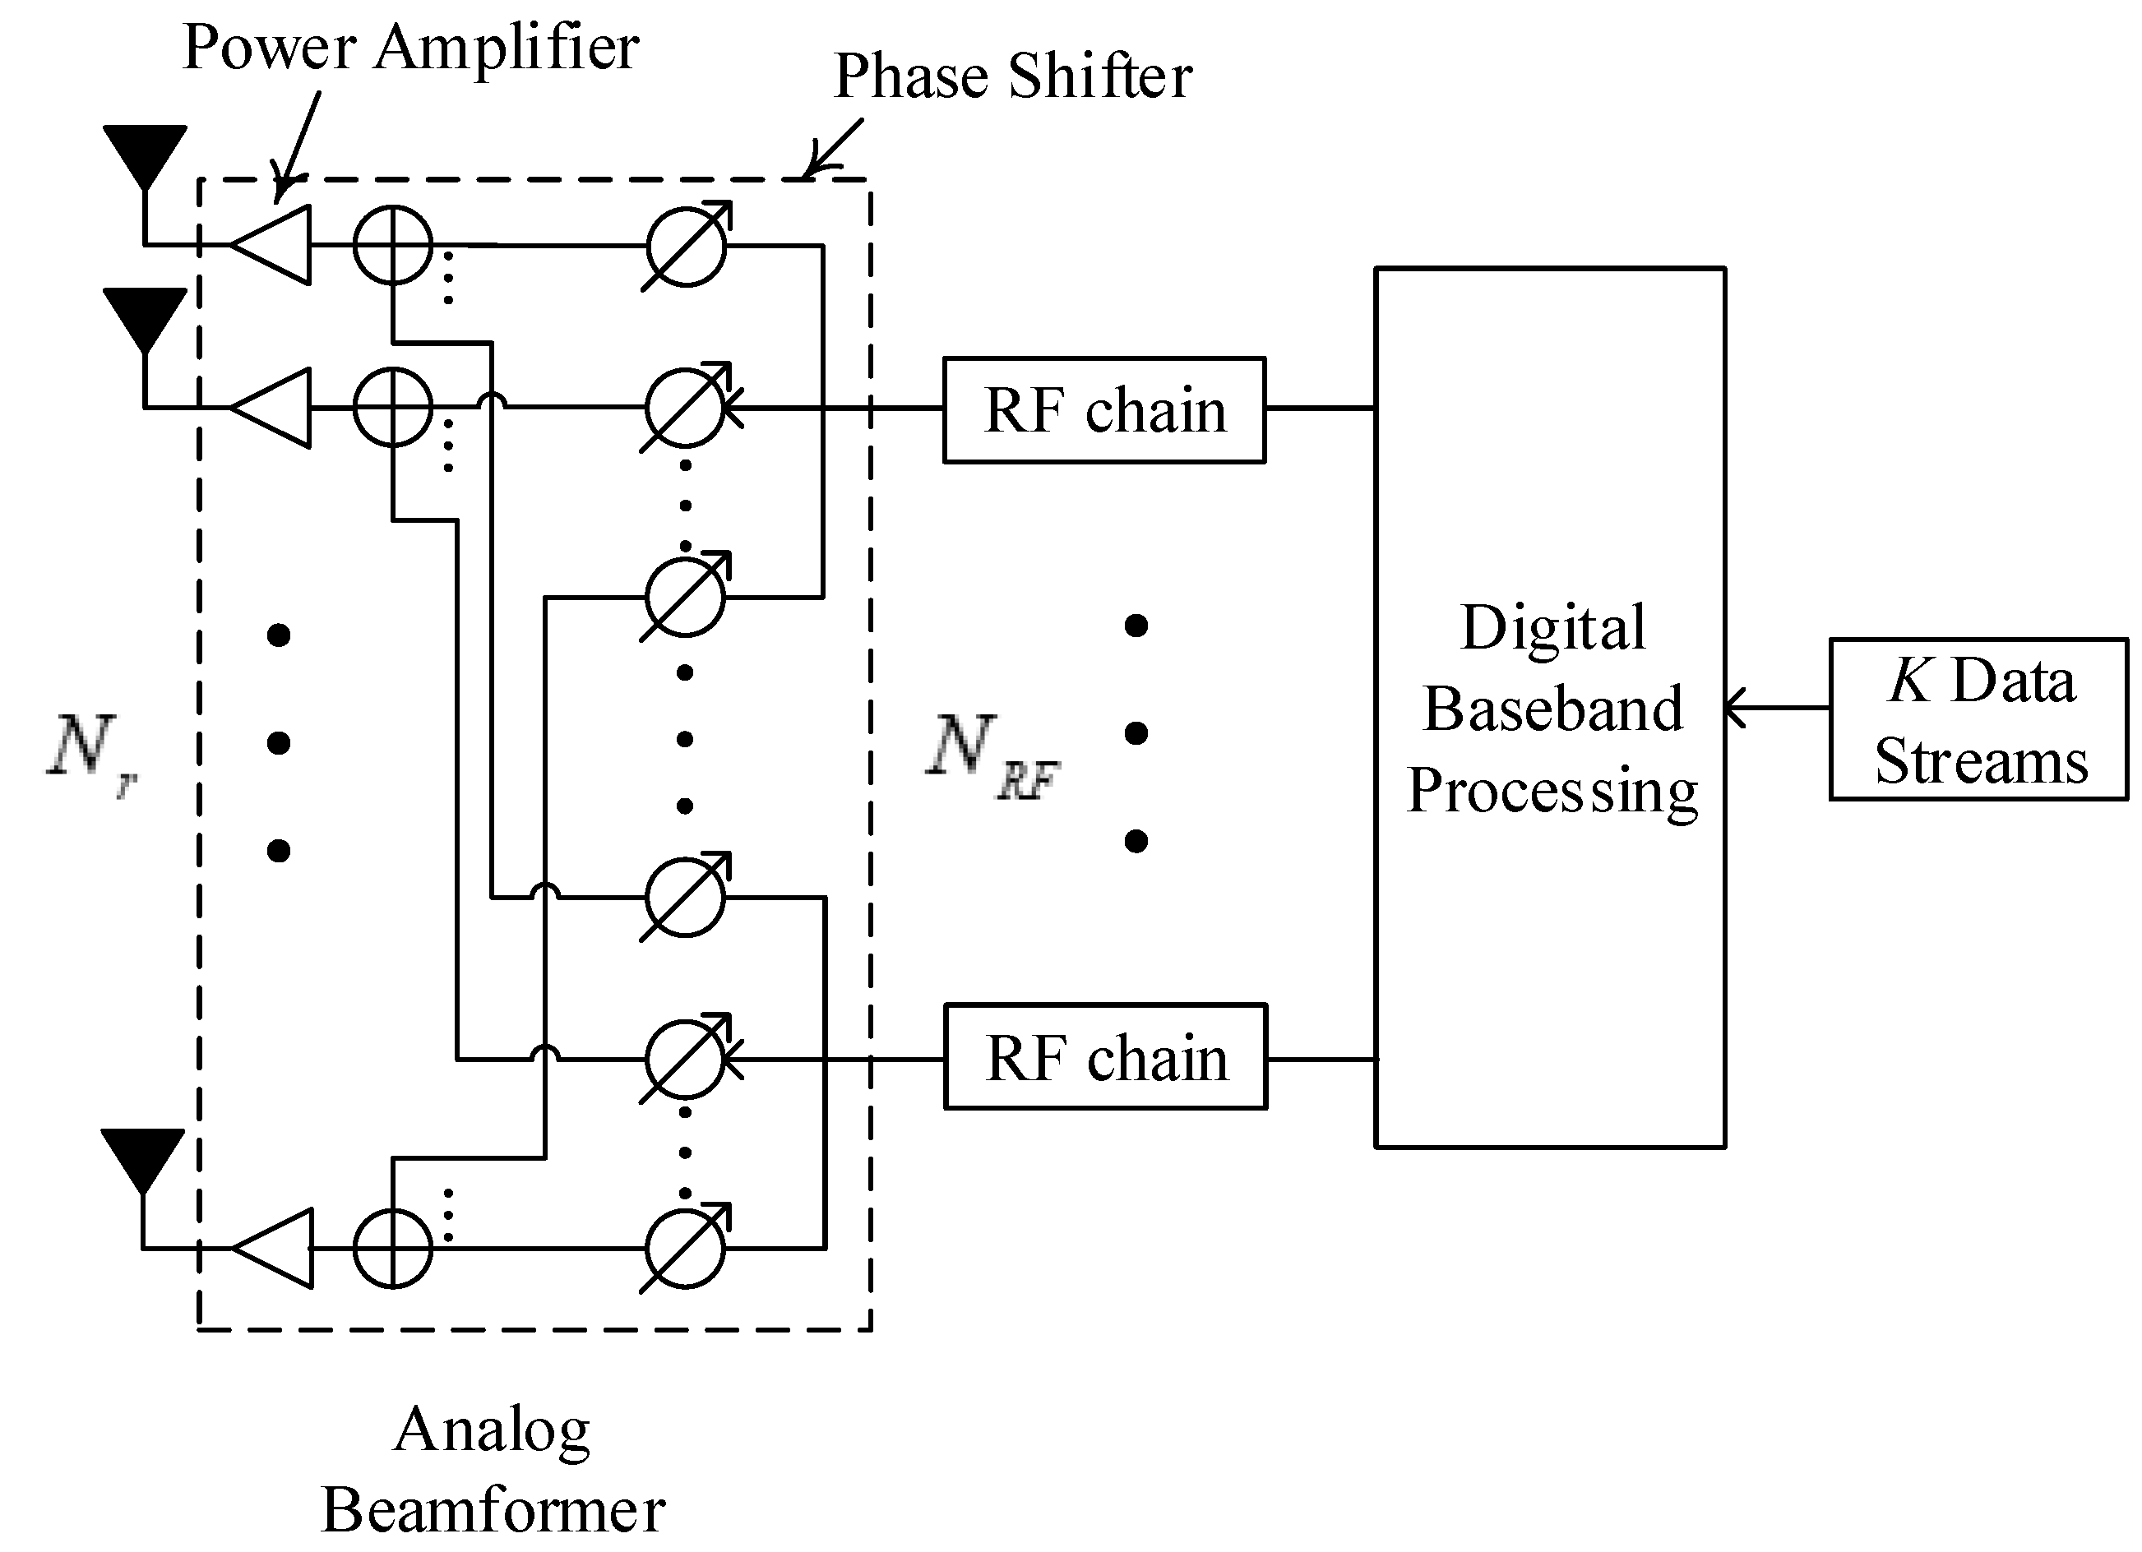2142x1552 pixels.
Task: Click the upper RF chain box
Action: click(x=1103, y=409)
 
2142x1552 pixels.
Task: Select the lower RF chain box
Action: click(x=1105, y=1056)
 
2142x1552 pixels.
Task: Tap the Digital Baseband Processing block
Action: click(x=1549, y=708)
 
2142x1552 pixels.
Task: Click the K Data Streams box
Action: click(x=1978, y=719)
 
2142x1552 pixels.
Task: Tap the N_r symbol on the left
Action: click(x=90, y=751)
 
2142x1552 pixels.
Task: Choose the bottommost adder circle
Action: click(x=393, y=1248)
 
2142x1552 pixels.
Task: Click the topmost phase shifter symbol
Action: click(x=687, y=246)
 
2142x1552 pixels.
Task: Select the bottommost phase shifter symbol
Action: click(x=686, y=1248)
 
